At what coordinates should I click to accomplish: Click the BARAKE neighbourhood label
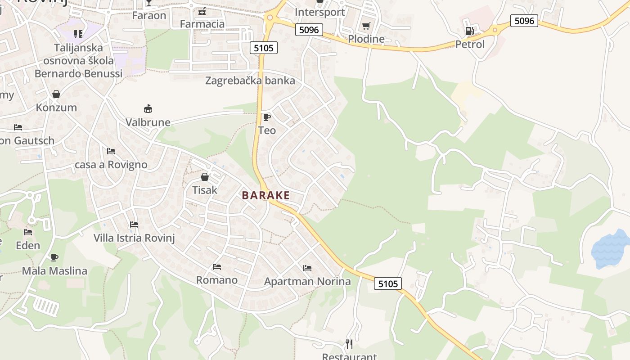tap(266, 195)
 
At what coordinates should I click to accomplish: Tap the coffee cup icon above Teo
tap(266, 117)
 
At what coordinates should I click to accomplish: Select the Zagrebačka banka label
tap(250, 81)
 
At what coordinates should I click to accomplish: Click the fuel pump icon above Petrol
tap(469, 31)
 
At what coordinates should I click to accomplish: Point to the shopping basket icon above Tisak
tap(205, 177)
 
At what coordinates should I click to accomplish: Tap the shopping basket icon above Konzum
tap(56, 94)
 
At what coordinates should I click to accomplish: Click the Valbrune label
tap(148, 122)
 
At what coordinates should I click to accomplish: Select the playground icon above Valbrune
tap(148, 108)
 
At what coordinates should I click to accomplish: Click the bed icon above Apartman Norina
tap(307, 268)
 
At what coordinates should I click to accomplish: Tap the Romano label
tap(217, 280)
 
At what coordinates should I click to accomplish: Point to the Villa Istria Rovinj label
tap(134, 238)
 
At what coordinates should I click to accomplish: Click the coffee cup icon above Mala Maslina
tap(54, 257)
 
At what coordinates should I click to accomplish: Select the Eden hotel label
tap(28, 245)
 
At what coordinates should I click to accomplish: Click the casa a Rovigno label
tap(111, 164)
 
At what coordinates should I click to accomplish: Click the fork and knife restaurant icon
tap(349, 344)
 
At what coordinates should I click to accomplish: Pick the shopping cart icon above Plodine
tap(366, 26)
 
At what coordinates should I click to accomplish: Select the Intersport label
tap(319, 12)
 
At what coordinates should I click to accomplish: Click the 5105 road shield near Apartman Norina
tap(388, 283)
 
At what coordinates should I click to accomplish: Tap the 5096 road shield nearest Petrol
tap(524, 21)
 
